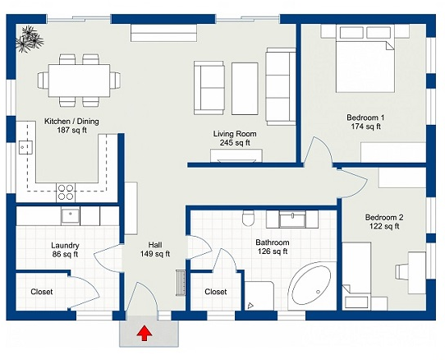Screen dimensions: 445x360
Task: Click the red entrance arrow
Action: click(145, 334)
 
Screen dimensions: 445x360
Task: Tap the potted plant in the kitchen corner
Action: click(30, 39)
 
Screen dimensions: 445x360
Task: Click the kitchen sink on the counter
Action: click(25, 147)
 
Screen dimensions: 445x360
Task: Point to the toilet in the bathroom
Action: click(248, 218)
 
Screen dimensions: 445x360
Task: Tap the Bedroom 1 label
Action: click(366, 122)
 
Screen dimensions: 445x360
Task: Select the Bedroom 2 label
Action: click(384, 222)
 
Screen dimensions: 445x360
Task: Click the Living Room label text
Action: click(235, 138)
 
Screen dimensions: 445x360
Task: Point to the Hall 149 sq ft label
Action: click(155, 249)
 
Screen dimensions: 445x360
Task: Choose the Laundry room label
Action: click(65, 250)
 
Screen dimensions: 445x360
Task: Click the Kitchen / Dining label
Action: click(71, 126)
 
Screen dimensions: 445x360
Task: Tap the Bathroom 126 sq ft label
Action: click(273, 247)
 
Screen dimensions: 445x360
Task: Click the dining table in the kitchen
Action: click(79, 81)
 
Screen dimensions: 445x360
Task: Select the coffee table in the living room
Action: click(245, 89)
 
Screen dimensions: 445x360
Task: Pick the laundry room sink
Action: click(71, 216)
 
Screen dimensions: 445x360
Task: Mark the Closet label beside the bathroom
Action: click(216, 292)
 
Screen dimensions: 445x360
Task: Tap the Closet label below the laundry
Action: click(41, 292)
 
